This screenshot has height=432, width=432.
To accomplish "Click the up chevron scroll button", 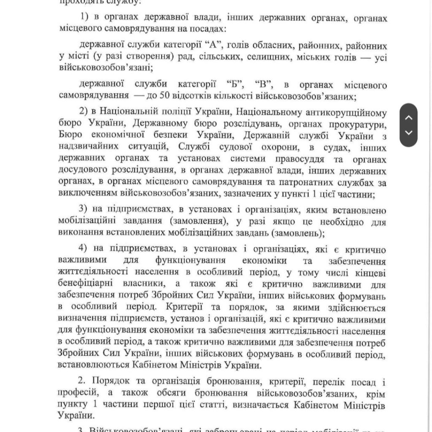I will click(408, 118).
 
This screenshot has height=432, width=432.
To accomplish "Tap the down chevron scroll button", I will click(408, 133).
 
